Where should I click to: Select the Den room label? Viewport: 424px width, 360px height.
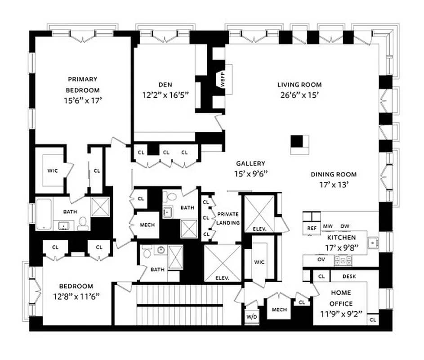click(x=165, y=85)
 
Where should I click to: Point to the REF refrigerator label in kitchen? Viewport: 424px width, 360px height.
click(x=312, y=228)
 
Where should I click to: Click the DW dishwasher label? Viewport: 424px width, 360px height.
click(x=344, y=226)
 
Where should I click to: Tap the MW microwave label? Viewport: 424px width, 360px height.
click(x=328, y=226)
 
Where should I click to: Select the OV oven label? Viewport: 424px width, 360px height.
click(x=321, y=260)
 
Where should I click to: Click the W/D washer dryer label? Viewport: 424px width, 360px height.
click(x=251, y=316)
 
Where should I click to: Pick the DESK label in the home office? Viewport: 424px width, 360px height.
click(x=349, y=276)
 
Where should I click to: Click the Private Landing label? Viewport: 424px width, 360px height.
click(x=228, y=218)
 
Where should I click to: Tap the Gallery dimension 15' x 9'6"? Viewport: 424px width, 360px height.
click(x=250, y=174)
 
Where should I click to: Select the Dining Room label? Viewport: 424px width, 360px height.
click(x=333, y=174)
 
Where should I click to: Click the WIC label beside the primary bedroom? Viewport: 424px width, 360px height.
click(x=53, y=171)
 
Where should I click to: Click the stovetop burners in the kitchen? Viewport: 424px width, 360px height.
click(x=343, y=260)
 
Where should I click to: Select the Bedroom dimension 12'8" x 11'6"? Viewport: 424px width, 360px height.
click(x=75, y=297)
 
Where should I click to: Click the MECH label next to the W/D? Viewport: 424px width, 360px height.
click(x=279, y=310)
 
